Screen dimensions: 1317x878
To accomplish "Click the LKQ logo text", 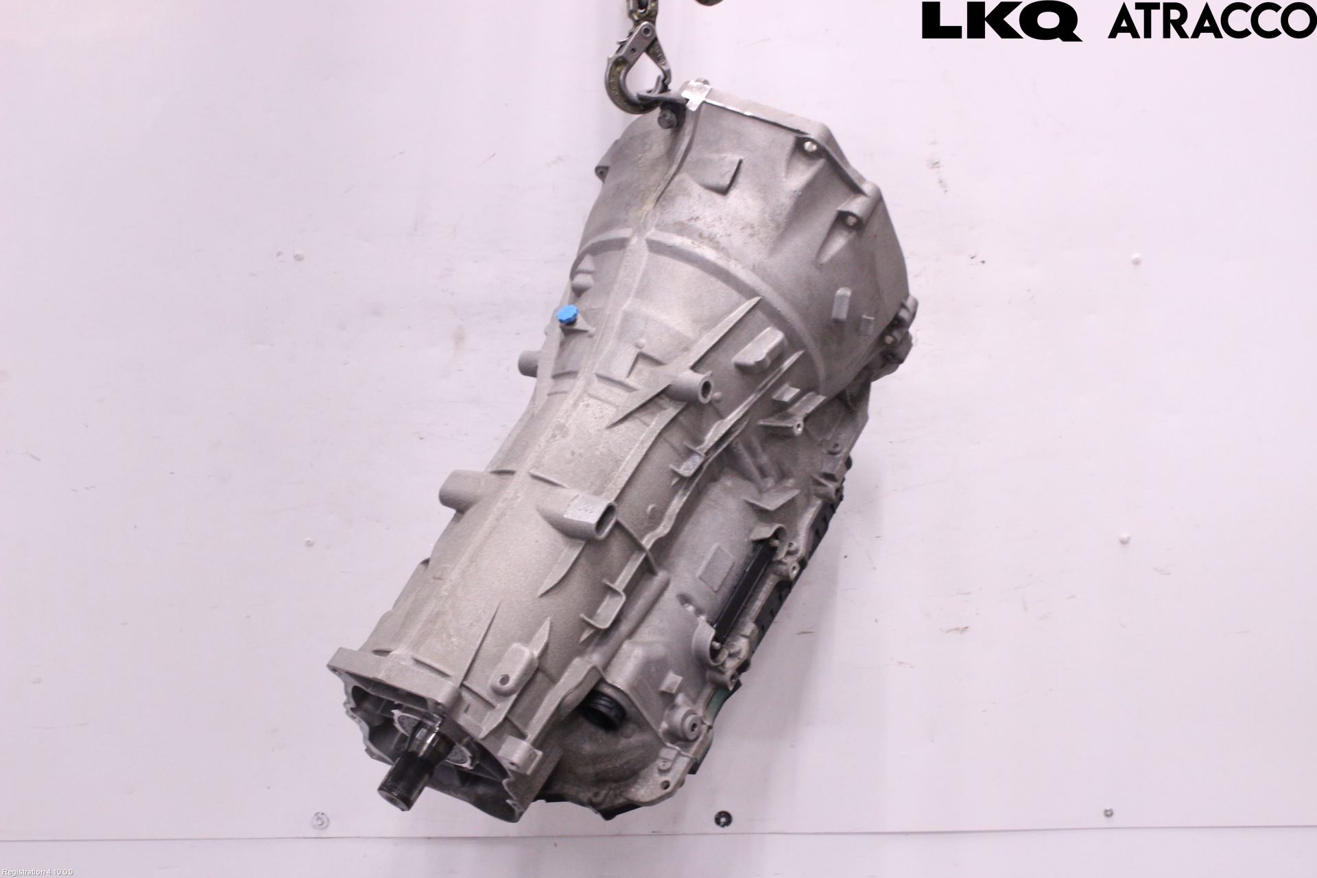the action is [x=1001, y=21].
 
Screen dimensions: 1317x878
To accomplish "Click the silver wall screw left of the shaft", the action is [x=317, y=819].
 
